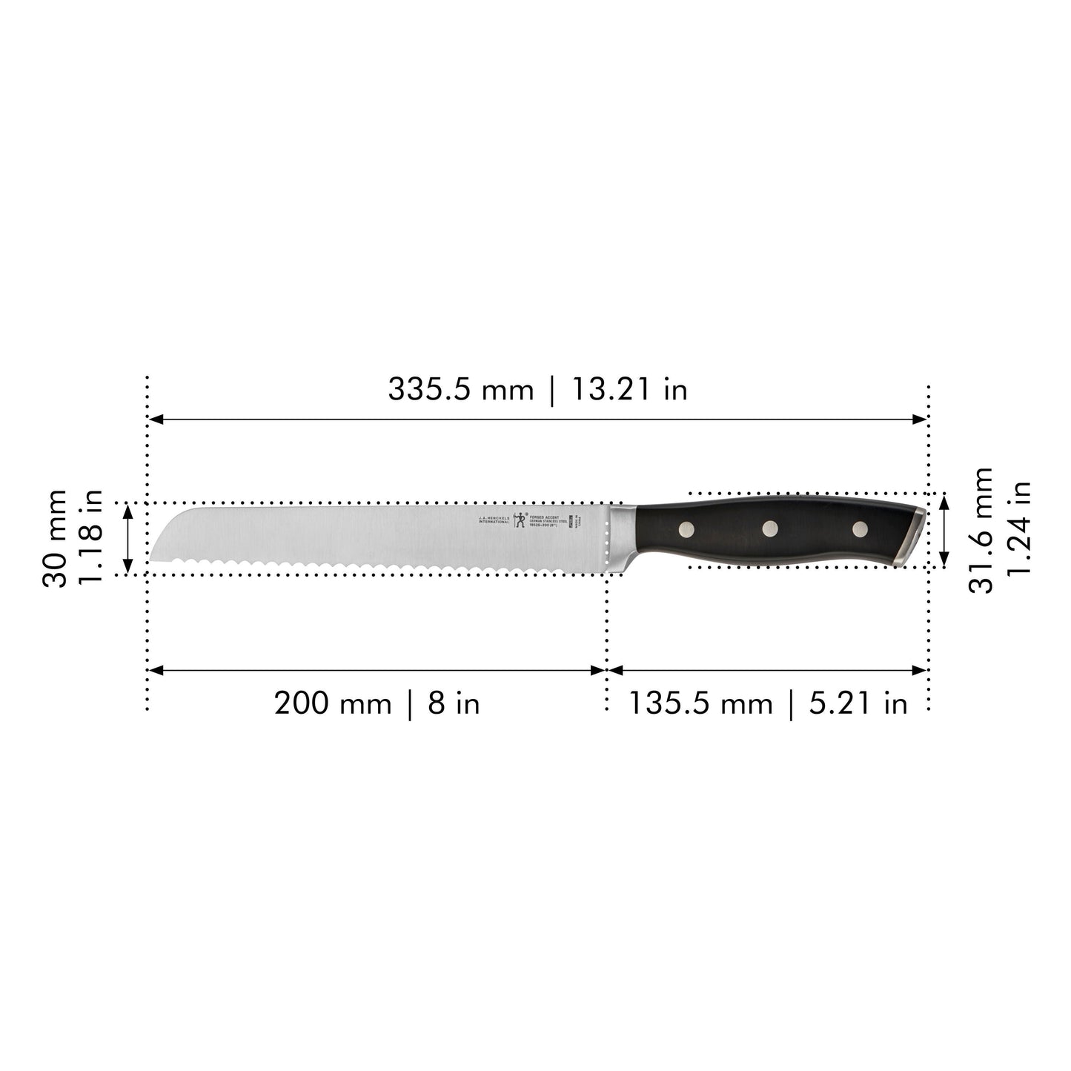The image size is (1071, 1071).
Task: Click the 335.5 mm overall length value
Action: (x=460, y=389)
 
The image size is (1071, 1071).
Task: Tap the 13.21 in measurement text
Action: (x=629, y=389)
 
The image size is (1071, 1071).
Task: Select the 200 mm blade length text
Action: (x=333, y=703)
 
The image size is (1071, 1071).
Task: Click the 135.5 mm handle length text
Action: (x=700, y=703)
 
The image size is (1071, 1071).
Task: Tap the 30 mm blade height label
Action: (x=55, y=538)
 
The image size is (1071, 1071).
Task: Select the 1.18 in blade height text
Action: (x=90, y=538)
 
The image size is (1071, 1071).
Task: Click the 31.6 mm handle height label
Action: (x=981, y=529)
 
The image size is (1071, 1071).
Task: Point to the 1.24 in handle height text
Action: (x=1019, y=529)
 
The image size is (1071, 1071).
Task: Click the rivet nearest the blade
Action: (x=687, y=528)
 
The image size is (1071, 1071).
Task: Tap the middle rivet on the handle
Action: (x=772, y=528)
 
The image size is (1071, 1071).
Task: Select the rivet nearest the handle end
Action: (x=860, y=528)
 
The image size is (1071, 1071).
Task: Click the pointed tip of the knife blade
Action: (x=152, y=560)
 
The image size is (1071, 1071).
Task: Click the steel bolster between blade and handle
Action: (x=622, y=537)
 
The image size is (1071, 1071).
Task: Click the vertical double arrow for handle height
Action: (x=944, y=530)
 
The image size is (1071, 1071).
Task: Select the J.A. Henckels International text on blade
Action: (x=494, y=519)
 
